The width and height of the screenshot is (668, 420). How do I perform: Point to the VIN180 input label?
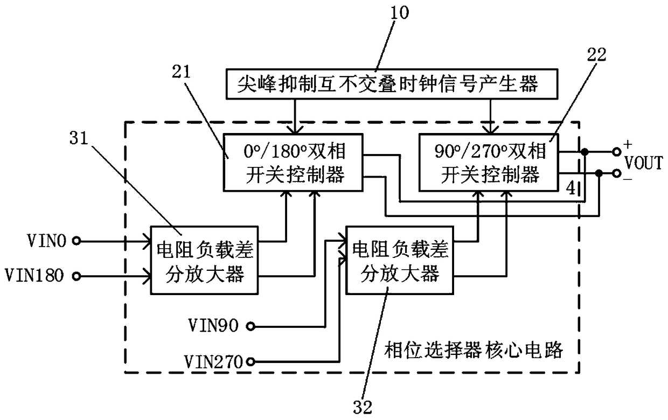point(34,276)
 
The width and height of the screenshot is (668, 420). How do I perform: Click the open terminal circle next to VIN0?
point(78,242)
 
